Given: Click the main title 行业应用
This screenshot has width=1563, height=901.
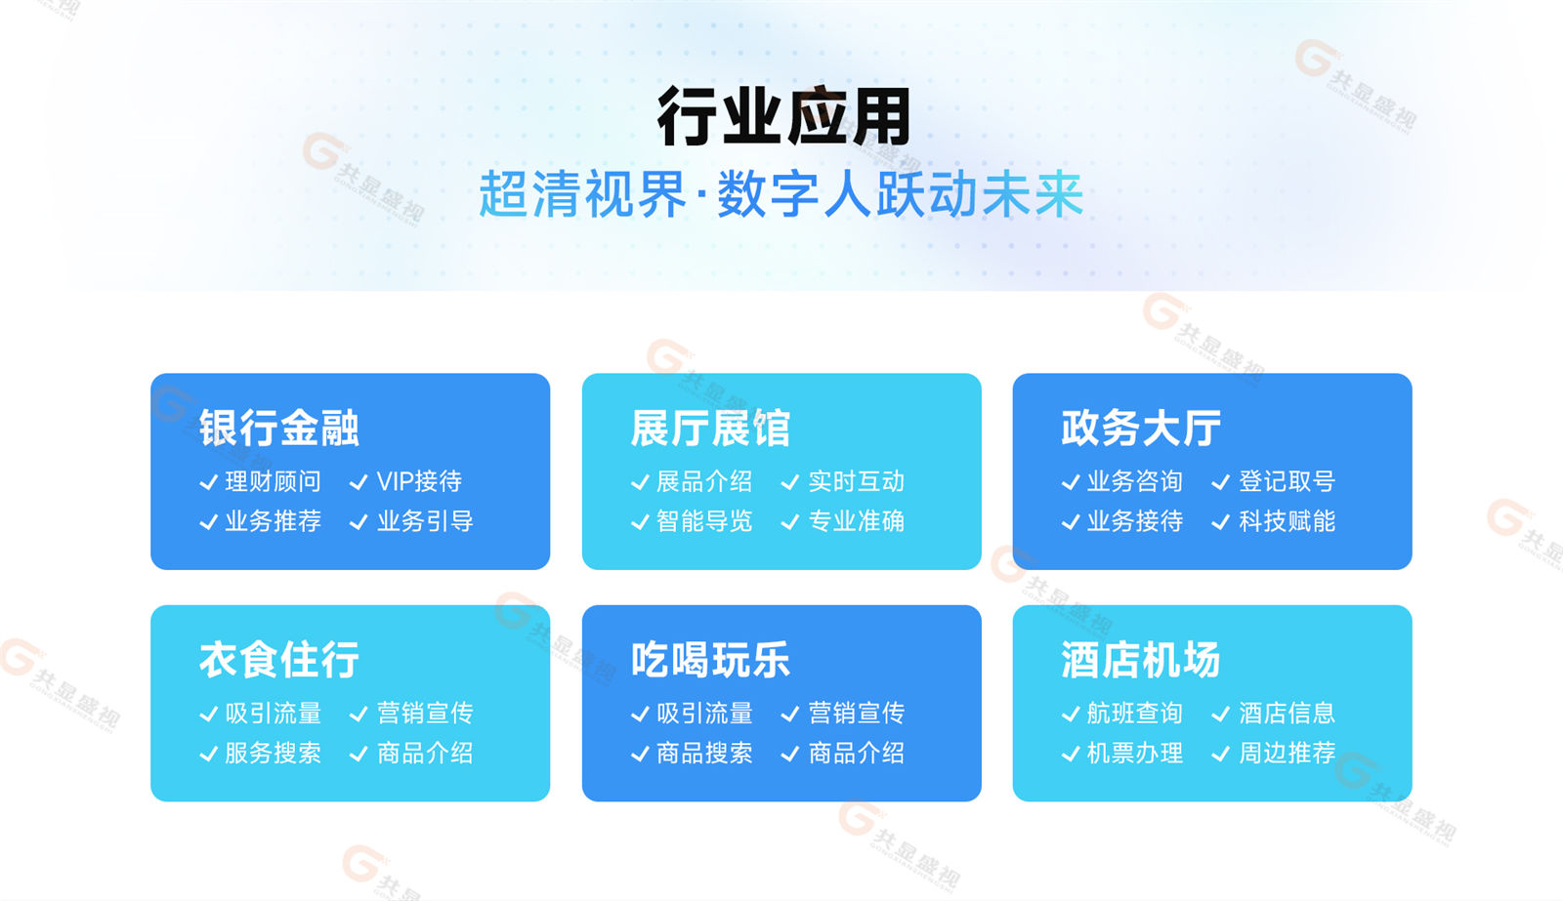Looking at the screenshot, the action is [783, 116].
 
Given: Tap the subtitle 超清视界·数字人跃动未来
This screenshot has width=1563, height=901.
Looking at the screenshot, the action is [781, 194].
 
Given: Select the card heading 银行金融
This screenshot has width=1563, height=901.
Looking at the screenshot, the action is [279, 428].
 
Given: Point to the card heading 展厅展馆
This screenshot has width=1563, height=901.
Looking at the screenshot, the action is [710, 428].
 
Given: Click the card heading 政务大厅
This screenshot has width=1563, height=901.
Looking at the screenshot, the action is [1141, 428].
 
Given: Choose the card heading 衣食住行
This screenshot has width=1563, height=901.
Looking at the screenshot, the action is [279, 659].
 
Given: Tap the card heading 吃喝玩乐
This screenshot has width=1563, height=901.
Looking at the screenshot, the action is [710, 659].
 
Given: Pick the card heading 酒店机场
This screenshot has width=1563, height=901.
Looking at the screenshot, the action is [1141, 659].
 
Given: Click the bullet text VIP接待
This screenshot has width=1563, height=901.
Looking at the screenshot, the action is [419, 481].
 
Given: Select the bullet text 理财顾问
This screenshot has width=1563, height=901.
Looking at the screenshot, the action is [273, 481].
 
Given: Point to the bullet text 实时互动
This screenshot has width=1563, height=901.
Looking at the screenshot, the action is [856, 481].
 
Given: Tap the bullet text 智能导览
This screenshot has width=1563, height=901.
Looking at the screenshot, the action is [704, 521].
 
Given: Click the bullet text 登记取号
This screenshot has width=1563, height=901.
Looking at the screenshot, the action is [1287, 481].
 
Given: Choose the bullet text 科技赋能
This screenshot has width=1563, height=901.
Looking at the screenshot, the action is [1287, 521].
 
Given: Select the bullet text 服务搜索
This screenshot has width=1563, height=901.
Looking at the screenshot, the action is [273, 753].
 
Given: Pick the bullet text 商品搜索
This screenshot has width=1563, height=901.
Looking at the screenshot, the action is [704, 753].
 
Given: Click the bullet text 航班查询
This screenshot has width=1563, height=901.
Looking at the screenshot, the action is [1134, 713].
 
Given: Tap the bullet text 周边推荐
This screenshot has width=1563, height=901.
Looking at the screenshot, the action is [1287, 753].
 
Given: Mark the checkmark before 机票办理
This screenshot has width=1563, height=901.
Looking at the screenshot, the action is [1071, 754].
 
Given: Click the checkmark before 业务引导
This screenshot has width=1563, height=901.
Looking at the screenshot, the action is [358, 522].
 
